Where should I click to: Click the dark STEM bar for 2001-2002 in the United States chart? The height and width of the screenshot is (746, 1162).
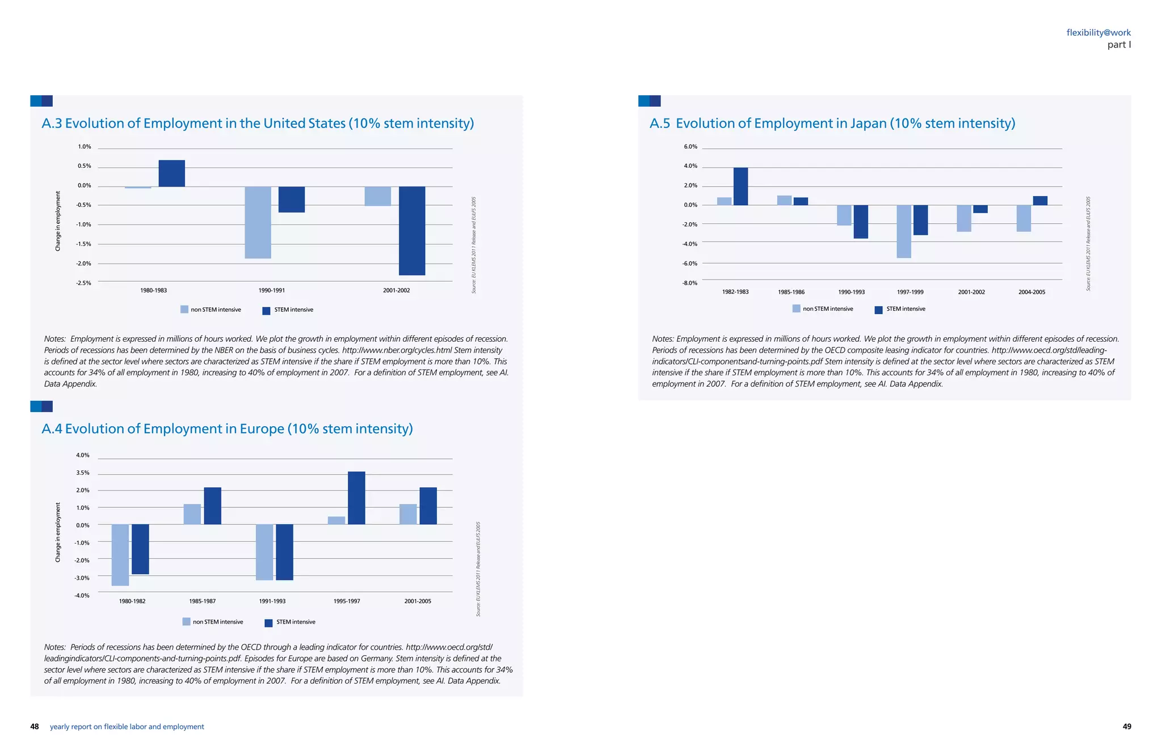pyautogui.click(x=412, y=231)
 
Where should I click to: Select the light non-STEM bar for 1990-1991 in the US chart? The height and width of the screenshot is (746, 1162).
pyautogui.click(x=258, y=222)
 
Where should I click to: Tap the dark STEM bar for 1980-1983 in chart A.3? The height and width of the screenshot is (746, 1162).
pyautogui.click(x=171, y=173)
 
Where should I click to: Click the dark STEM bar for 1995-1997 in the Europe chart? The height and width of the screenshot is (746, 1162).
pyautogui.click(x=356, y=498)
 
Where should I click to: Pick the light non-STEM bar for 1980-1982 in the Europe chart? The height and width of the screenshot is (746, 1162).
pyautogui.click(x=120, y=554)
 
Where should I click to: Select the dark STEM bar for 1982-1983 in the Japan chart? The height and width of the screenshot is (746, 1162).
pyautogui.click(x=740, y=186)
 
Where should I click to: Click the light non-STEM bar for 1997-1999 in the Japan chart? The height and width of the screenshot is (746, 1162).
pyautogui.click(x=904, y=231)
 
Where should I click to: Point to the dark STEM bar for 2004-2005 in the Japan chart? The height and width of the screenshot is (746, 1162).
pyautogui.click(x=1040, y=201)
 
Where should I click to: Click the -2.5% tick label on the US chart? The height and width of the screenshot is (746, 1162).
pyautogui.click(x=83, y=283)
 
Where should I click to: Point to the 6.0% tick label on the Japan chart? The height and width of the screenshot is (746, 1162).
pyautogui.click(x=690, y=147)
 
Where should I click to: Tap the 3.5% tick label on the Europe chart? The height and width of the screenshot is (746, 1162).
pyautogui.click(x=82, y=473)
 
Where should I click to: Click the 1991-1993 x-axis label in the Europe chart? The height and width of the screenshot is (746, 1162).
pyautogui.click(x=272, y=601)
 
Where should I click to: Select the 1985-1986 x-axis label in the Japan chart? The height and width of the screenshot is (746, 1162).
pyautogui.click(x=791, y=292)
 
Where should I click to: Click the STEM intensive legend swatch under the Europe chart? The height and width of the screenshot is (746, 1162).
pyautogui.click(x=269, y=623)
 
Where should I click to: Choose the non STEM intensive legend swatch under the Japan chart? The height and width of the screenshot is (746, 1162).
pyautogui.click(x=797, y=309)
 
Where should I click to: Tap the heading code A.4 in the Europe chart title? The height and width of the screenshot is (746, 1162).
pyautogui.click(x=52, y=429)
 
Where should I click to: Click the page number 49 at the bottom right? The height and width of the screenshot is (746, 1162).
pyautogui.click(x=1127, y=727)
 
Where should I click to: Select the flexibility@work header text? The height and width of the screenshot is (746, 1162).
pyautogui.click(x=1098, y=33)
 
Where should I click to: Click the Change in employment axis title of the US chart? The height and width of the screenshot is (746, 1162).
pyautogui.click(x=58, y=221)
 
